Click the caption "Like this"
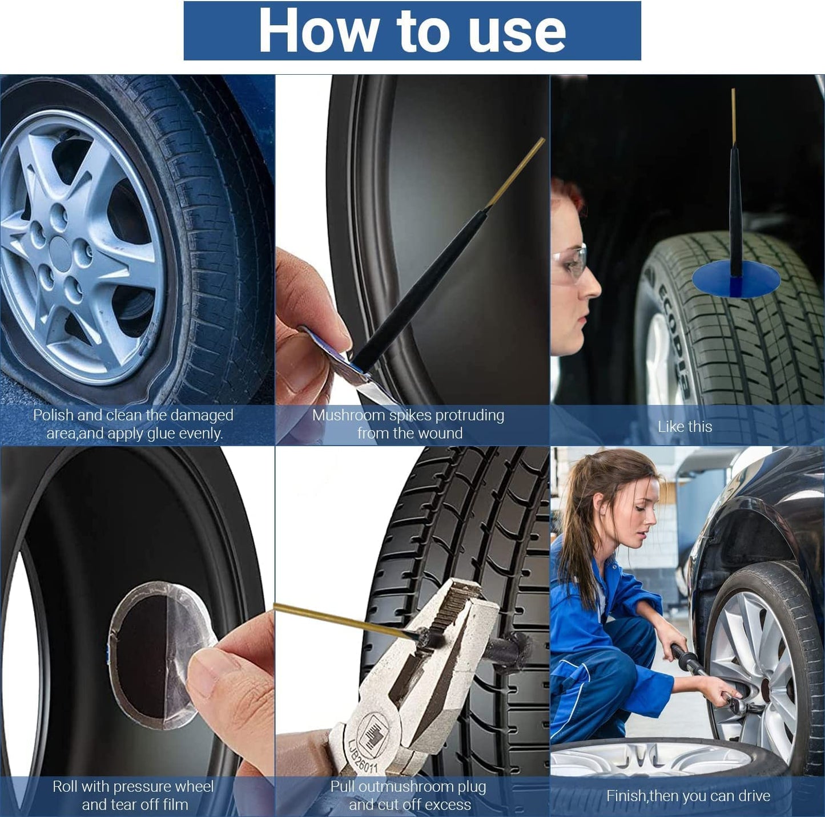coord(685,427)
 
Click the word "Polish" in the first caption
coord(54,415)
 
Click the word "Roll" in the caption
coord(65,787)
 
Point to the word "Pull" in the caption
coord(343,787)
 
